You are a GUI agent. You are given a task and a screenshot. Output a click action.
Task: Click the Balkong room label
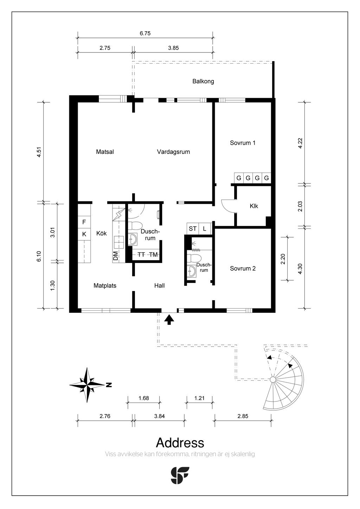[x=203, y=81]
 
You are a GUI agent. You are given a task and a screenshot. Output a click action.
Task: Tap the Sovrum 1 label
[x=243, y=143]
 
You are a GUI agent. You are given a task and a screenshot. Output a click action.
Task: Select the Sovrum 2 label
[x=243, y=268]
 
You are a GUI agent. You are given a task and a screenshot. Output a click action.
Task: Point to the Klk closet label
[x=253, y=206]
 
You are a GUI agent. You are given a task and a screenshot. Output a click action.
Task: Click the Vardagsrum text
[x=173, y=152]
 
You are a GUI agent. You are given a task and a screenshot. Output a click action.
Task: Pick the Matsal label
[x=105, y=152]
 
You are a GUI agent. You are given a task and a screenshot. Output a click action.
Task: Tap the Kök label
[x=101, y=233]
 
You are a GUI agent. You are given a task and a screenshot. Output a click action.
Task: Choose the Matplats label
[x=105, y=286]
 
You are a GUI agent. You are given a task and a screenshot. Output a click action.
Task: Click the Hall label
[x=159, y=286]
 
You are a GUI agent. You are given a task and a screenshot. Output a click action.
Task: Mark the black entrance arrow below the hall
[x=169, y=320]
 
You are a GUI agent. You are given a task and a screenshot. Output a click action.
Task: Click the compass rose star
[x=87, y=385]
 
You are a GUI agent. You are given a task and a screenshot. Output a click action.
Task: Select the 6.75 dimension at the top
[x=145, y=33]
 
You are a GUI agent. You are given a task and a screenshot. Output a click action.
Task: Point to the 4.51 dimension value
[x=39, y=152]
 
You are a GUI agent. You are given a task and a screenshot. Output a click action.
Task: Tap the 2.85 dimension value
[x=243, y=416]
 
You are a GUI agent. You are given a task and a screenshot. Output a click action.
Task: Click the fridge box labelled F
[x=84, y=222]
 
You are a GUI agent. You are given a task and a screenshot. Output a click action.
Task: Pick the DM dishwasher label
[x=116, y=256]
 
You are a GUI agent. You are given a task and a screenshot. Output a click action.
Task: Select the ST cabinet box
[x=193, y=228]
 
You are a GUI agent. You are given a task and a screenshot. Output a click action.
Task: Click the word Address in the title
[x=180, y=443]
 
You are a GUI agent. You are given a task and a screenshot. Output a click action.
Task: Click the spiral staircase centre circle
[x=273, y=380]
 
